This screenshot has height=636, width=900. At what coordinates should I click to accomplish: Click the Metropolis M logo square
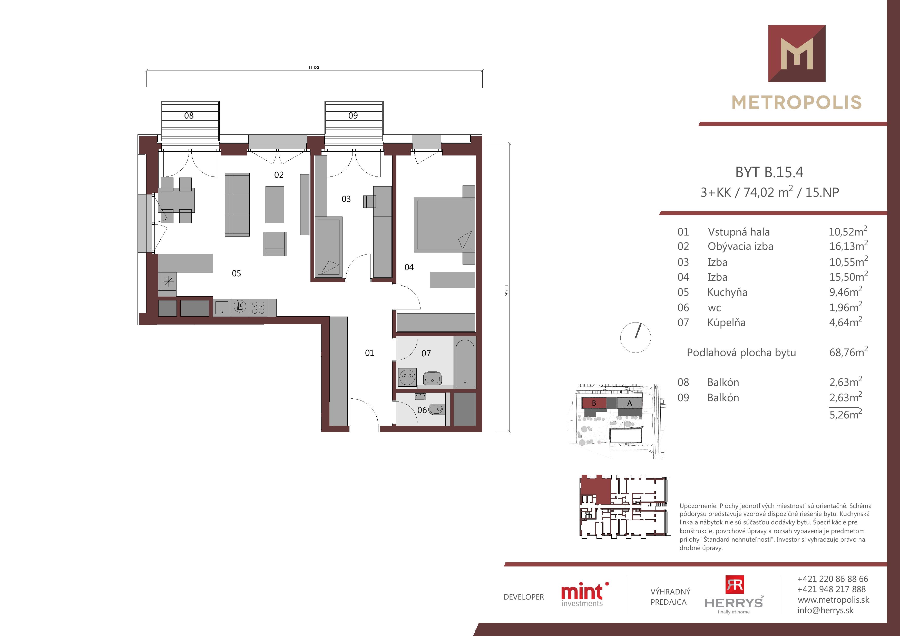point(797,53)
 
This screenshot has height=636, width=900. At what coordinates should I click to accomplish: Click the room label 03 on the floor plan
point(346,199)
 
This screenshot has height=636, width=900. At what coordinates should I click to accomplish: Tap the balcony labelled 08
point(190,125)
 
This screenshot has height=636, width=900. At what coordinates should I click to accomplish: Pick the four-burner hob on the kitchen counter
point(258,308)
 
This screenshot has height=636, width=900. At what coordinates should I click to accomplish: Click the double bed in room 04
point(444,225)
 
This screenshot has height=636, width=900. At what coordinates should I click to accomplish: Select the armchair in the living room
point(275,244)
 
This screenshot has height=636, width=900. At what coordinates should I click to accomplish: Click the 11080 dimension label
point(314,68)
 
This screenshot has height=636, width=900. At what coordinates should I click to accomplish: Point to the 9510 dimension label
point(506,290)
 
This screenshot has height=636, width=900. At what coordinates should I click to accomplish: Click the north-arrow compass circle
point(635,337)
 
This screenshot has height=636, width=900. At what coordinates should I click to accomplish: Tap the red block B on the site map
point(594,403)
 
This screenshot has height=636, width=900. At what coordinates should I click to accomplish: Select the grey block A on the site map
point(630,403)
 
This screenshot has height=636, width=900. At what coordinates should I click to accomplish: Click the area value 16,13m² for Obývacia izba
point(848,246)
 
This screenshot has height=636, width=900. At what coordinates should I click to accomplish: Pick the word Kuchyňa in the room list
point(728,292)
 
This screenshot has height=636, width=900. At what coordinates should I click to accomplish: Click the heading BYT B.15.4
point(769,172)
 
